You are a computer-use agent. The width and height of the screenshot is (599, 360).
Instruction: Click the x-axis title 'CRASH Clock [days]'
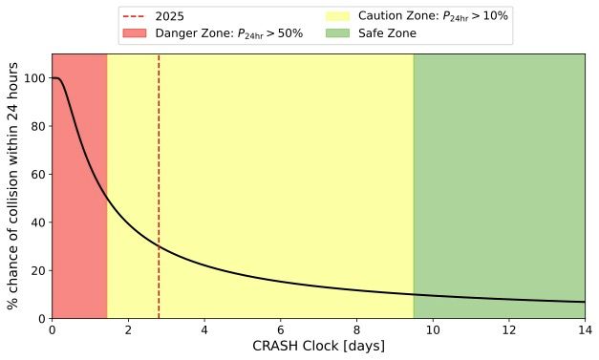click(317, 347)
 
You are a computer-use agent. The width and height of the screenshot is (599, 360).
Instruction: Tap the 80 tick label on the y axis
click(36, 126)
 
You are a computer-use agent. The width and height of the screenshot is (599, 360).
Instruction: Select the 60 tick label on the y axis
click(36, 175)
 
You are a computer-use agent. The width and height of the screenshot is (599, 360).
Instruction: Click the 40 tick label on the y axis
click(36, 222)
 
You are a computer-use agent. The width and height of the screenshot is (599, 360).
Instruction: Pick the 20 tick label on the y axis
click(36, 270)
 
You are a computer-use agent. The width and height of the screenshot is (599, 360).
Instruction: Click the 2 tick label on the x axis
click(128, 329)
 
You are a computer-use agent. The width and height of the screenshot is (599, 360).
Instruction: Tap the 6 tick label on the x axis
click(280, 329)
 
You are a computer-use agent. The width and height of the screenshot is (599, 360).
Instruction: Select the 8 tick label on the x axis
click(356, 329)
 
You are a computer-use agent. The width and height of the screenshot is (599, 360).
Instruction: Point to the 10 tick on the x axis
click(432, 329)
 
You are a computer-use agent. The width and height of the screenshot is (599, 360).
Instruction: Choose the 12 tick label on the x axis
click(508, 329)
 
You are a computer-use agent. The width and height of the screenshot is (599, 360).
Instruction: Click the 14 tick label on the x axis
click(584, 329)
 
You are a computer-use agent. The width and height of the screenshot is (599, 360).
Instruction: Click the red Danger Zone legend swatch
click(135, 33)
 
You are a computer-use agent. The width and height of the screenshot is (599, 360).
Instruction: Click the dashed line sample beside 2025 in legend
click(135, 17)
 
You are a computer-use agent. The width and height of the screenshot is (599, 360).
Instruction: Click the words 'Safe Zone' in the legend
click(387, 33)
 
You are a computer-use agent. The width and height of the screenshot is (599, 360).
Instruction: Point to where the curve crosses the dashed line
click(159, 246)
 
